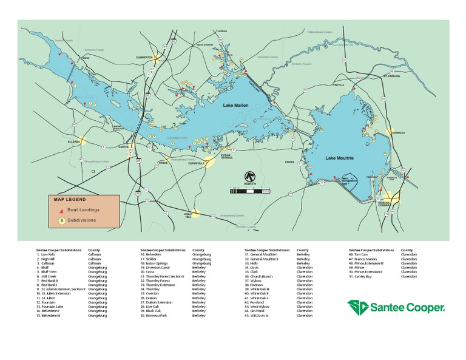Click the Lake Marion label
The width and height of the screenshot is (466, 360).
(x=237, y=106)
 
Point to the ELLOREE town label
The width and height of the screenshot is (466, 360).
(x=74, y=140)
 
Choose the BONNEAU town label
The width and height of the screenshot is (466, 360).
(x=398, y=132)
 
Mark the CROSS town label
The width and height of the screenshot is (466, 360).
(x=289, y=162)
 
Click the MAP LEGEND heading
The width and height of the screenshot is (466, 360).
(x=70, y=199)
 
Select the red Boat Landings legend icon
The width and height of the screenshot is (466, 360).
(x=61, y=209)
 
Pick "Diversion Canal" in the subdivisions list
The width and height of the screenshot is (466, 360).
(x=158, y=267)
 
